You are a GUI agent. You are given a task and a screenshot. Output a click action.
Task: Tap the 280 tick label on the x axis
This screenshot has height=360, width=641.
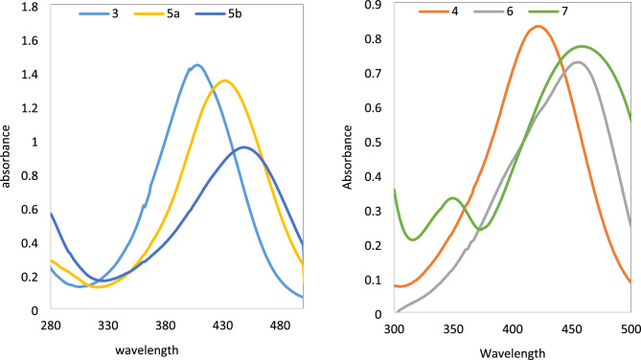click(x=51, y=326)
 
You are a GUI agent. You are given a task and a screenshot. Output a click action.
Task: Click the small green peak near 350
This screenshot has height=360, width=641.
click(x=453, y=198)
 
